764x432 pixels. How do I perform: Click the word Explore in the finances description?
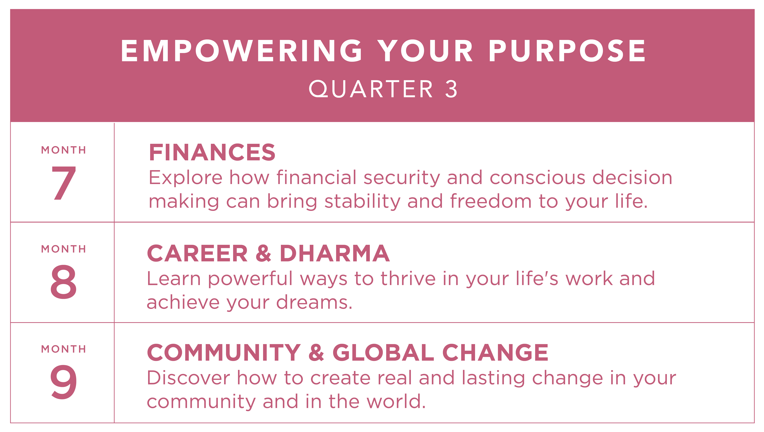185,178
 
